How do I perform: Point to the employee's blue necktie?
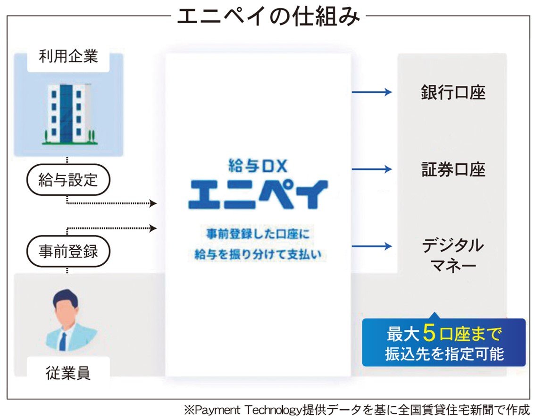(x=63, y=341)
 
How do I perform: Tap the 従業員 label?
(x=68, y=373)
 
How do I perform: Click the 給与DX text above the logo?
(x=258, y=166)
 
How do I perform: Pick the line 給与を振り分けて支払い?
(x=258, y=254)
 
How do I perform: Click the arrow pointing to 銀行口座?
(x=372, y=92)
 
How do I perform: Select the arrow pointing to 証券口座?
(x=372, y=169)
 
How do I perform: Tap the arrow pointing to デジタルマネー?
(x=372, y=246)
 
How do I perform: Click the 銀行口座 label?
(x=453, y=92)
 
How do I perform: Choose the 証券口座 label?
(x=453, y=169)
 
